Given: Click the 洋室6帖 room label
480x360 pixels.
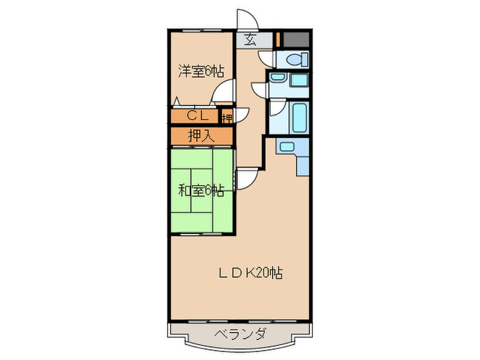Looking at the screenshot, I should coord(201,71).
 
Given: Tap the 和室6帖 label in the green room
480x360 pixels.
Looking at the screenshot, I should coord(202,190).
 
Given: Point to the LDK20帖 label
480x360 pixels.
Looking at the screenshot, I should coord(250,273).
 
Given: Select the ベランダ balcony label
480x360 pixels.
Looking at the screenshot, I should coord(239,335).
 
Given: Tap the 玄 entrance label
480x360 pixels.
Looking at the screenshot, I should coord(250,39).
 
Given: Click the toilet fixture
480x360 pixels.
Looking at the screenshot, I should coord(296,59).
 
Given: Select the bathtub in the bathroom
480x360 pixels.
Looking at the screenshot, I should coord(300,117).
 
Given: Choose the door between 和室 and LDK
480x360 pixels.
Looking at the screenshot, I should coord(245,180).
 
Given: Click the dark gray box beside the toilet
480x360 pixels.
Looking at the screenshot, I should coord(296,39).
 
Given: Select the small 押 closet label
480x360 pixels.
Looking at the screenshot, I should coord(226,117).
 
